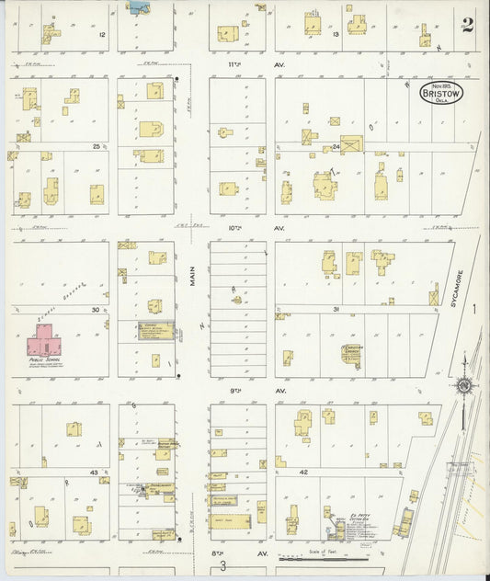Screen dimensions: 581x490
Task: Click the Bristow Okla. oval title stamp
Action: [x=441, y=93]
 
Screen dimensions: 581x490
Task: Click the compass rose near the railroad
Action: [x=464, y=385]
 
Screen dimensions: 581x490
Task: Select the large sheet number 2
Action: [x=468, y=25]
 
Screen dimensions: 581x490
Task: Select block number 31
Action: [x=337, y=310]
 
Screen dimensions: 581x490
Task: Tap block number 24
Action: [x=336, y=147]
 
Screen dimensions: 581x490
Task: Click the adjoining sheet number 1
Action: [x=475, y=311]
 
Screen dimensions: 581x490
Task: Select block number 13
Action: [x=336, y=34]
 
